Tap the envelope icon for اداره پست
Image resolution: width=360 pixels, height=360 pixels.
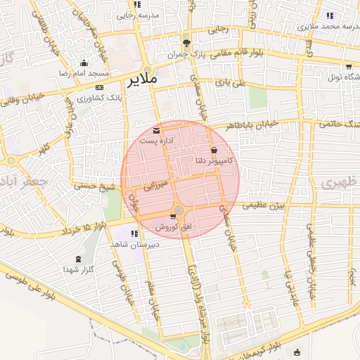pos(155,130)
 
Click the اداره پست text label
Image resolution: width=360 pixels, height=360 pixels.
pos(156,141)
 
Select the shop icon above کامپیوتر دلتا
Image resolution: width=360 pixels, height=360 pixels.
pos(214,150)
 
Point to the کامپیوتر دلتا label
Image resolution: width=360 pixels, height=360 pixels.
pos(214,162)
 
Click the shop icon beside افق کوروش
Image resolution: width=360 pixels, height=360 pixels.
pos(172,216)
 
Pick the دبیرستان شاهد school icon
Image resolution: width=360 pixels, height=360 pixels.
pos(133,234)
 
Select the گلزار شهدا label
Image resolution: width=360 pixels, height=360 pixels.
pos(78,269)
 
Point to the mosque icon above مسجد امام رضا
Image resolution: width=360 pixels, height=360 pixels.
pos(84,63)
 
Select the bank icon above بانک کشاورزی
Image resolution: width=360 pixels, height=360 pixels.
pos(99,86)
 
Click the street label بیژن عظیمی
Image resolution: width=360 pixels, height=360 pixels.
pos(261,206)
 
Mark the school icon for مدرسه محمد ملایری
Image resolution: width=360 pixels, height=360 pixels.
pos(330,15)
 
